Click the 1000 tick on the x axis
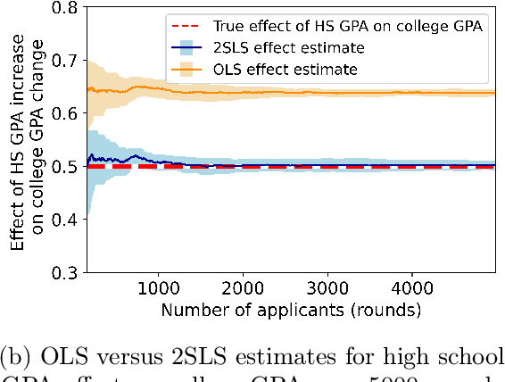[x=159, y=289]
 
